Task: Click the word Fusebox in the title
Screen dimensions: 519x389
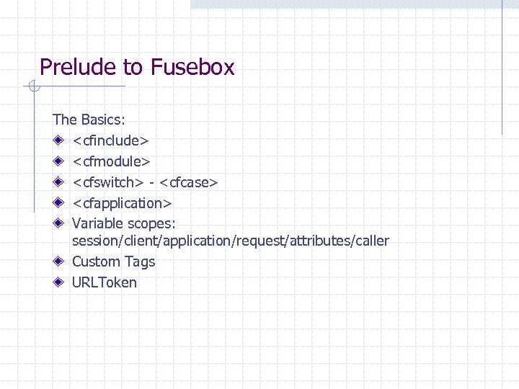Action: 192,68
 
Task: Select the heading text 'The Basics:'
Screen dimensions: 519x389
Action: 89,120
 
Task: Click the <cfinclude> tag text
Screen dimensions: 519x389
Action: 110,140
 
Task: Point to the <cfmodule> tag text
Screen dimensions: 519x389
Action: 111,161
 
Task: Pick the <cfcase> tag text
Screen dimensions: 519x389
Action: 189,182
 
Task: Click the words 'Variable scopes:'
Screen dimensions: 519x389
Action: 124,223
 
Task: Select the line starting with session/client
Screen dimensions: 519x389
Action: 230,241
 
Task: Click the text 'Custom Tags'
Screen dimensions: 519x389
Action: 113,261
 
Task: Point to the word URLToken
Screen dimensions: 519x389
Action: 104,282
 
